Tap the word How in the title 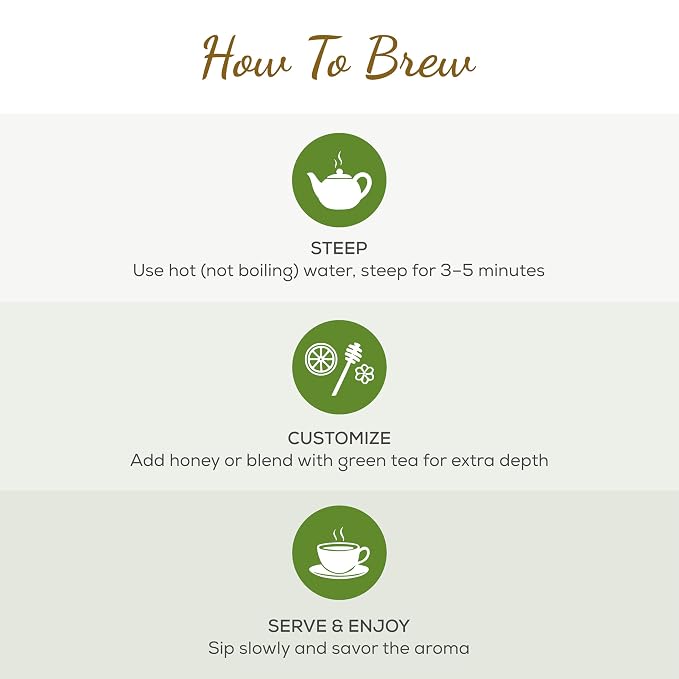[246, 59]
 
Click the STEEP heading [339, 248]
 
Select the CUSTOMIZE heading [339, 438]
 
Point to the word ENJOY [379, 626]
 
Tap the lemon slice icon [319, 359]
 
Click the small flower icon [365, 374]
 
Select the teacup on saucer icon [339, 561]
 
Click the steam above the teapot [339, 160]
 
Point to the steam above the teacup [339, 535]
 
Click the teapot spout [313, 181]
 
